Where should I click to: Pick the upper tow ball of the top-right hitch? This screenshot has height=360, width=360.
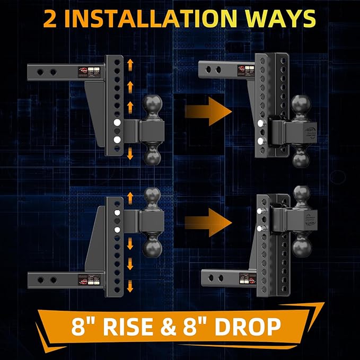click(301, 106)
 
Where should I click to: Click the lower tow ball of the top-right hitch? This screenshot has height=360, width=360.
click(300, 157)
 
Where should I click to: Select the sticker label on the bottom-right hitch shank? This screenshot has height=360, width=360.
click(245, 277)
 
